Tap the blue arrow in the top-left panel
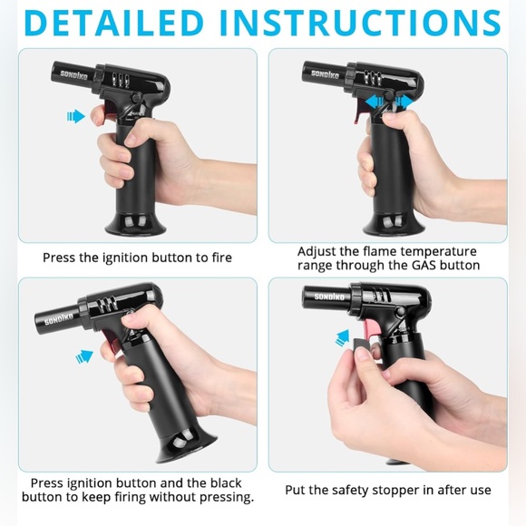75,116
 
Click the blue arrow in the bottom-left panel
84,356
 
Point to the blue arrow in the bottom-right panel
342,338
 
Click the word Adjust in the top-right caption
318,251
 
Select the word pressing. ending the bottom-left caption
223,497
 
